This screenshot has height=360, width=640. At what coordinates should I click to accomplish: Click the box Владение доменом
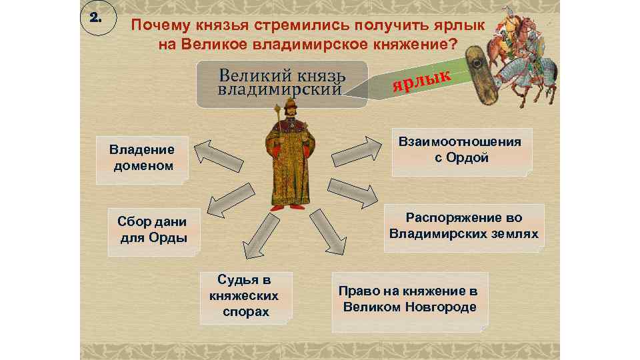pos(141,157)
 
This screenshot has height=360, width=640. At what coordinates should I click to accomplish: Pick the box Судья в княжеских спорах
pos(245,295)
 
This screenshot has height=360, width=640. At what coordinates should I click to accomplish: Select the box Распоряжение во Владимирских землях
pos(464,227)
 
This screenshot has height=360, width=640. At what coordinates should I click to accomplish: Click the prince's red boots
pos(289,205)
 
